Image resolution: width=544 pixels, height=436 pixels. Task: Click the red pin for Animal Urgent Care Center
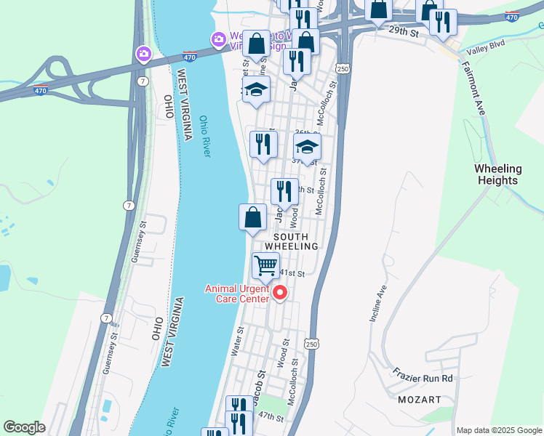click(x=280, y=293)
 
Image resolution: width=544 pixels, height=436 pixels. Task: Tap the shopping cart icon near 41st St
click(x=266, y=266)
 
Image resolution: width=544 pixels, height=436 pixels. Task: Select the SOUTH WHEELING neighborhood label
click(x=296, y=241)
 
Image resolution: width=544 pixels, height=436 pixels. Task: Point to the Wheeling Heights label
click(x=498, y=174)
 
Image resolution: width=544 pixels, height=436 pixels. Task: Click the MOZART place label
click(x=419, y=400)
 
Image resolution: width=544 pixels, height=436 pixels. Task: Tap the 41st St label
click(x=292, y=273)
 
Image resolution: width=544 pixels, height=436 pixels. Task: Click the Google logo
click(x=23, y=427)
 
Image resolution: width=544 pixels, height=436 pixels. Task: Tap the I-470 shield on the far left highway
click(x=41, y=91)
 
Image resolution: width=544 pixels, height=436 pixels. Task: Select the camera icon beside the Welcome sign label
click(x=217, y=39)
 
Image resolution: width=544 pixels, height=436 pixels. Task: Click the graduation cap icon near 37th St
click(x=307, y=147)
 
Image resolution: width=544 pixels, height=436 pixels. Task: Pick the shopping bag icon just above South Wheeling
click(x=252, y=217)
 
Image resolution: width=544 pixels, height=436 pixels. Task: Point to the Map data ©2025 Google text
click(x=498, y=429)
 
